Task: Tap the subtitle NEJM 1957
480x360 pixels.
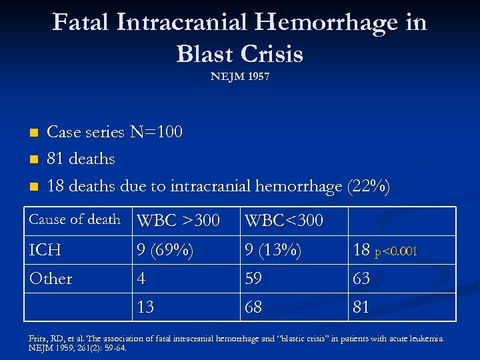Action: [240, 77]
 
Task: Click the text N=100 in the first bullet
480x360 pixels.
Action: [156, 132]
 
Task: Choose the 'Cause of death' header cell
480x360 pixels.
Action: [75, 219]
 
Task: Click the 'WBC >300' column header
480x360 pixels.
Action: [178, 220]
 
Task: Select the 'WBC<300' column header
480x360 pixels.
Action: [284, 220]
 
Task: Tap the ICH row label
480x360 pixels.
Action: [45, 250]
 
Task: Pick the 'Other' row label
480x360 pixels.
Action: [51, 278]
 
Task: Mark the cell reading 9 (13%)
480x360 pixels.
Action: [273, 251]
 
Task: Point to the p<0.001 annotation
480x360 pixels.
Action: [397, 252]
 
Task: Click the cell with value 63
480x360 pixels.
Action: [361, 278]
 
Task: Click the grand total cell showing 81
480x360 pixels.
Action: [361, 307]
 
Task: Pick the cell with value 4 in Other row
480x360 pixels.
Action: [141, 278]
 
